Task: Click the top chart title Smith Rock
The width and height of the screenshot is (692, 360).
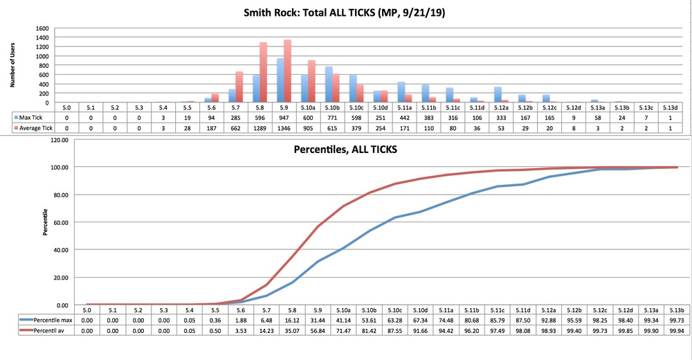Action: pyautogui.click(x=345, y=12)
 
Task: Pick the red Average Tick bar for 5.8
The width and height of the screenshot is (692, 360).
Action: pyautogui.click(x=263, y=72)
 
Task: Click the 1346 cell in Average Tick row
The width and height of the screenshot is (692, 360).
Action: pyautogui.click(x=283, y=129)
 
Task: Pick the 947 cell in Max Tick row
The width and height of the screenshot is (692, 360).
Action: pyautogui.click(x=283, y=118)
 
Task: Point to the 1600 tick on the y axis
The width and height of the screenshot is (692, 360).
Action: pyautogui.click(x=42, y=29)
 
